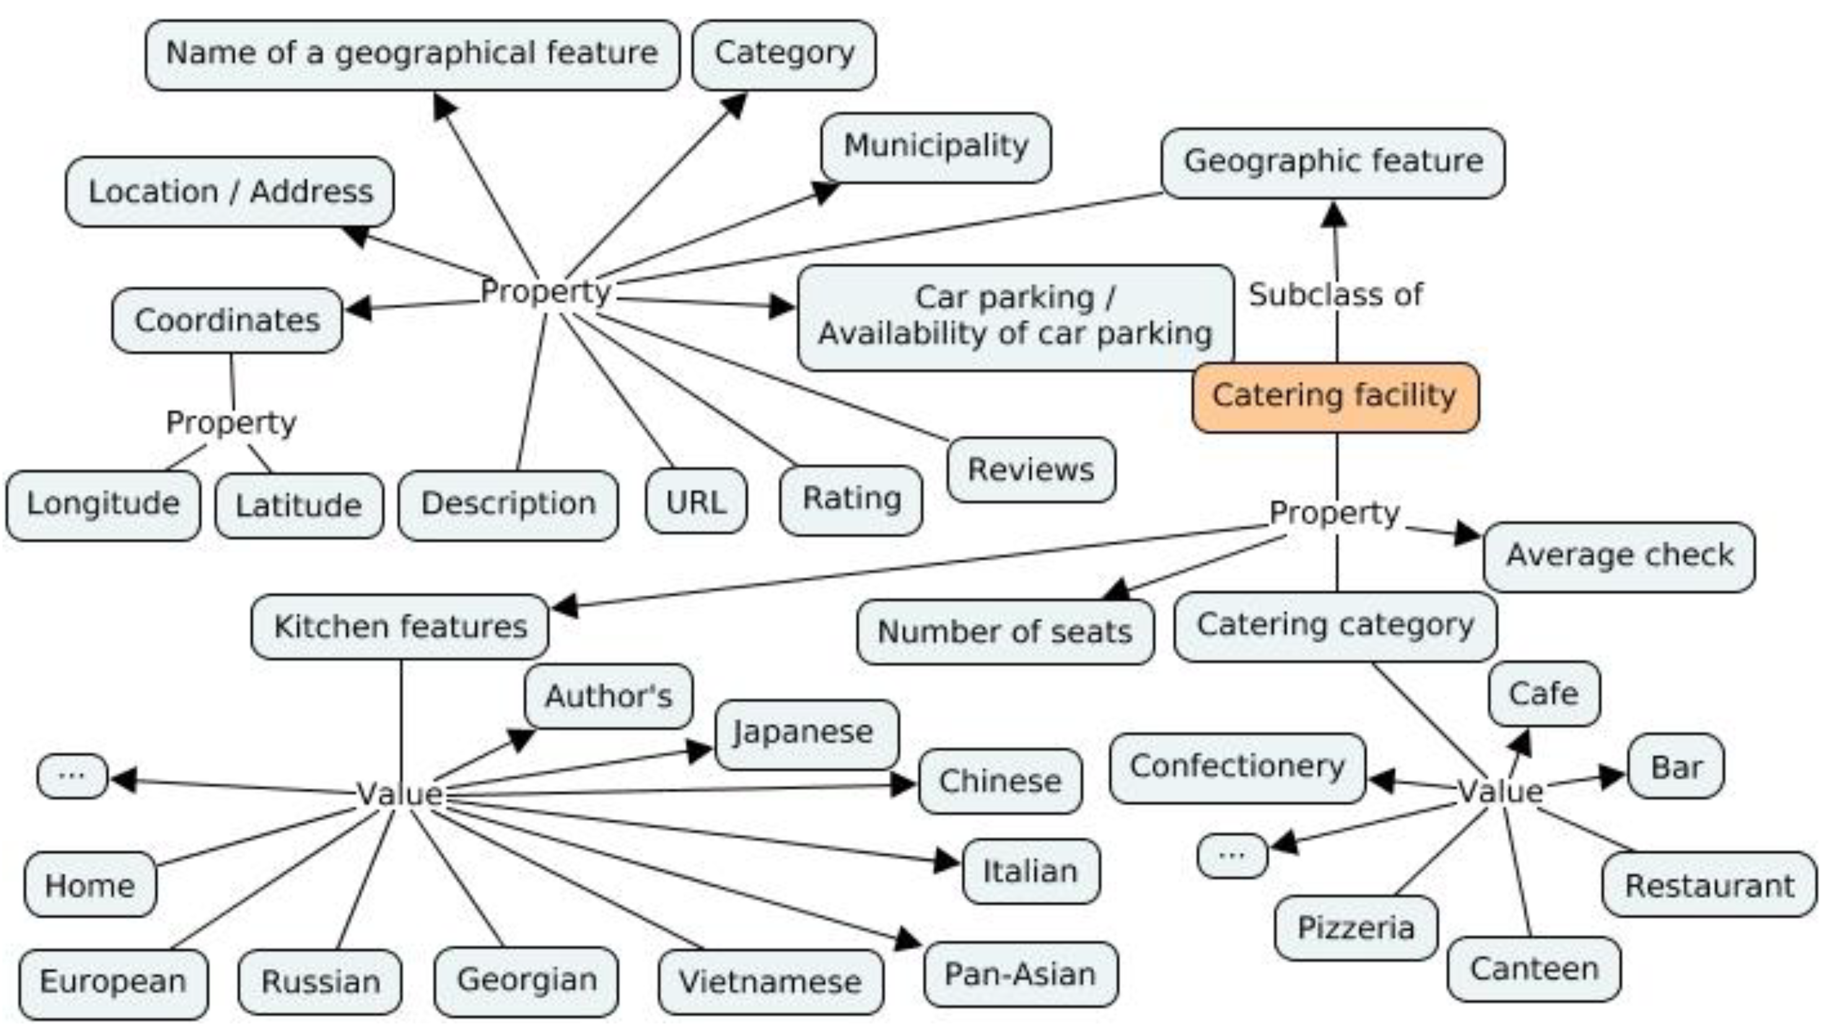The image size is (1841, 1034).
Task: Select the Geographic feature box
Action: tap(1333, 162)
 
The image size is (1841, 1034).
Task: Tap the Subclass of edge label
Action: tap(1335, 294)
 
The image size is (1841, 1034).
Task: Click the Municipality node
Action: tap(935, 147)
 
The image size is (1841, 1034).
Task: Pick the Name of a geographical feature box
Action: tap(412, 54)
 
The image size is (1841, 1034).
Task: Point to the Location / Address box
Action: tap(229, 191)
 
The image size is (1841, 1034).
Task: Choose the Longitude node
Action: tap(103, 505)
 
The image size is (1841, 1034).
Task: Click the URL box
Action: tap(696, 502)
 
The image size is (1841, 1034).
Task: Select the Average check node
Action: tap(1619, 556)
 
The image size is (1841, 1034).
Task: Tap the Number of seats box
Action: tap(1004, 632)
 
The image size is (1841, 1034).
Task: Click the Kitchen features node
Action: tap(400, 627)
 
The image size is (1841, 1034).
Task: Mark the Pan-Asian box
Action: tap(1020, 975)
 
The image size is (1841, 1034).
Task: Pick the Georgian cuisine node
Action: tap(526, 980)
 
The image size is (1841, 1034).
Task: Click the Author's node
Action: tap(608, 696)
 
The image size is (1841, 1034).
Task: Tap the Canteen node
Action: tap(1534, 970)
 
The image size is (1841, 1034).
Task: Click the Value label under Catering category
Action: tap(1500, 792)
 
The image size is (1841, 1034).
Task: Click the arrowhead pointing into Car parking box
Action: tap(782, 306)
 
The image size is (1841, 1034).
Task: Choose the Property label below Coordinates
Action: tap(231, 422)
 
